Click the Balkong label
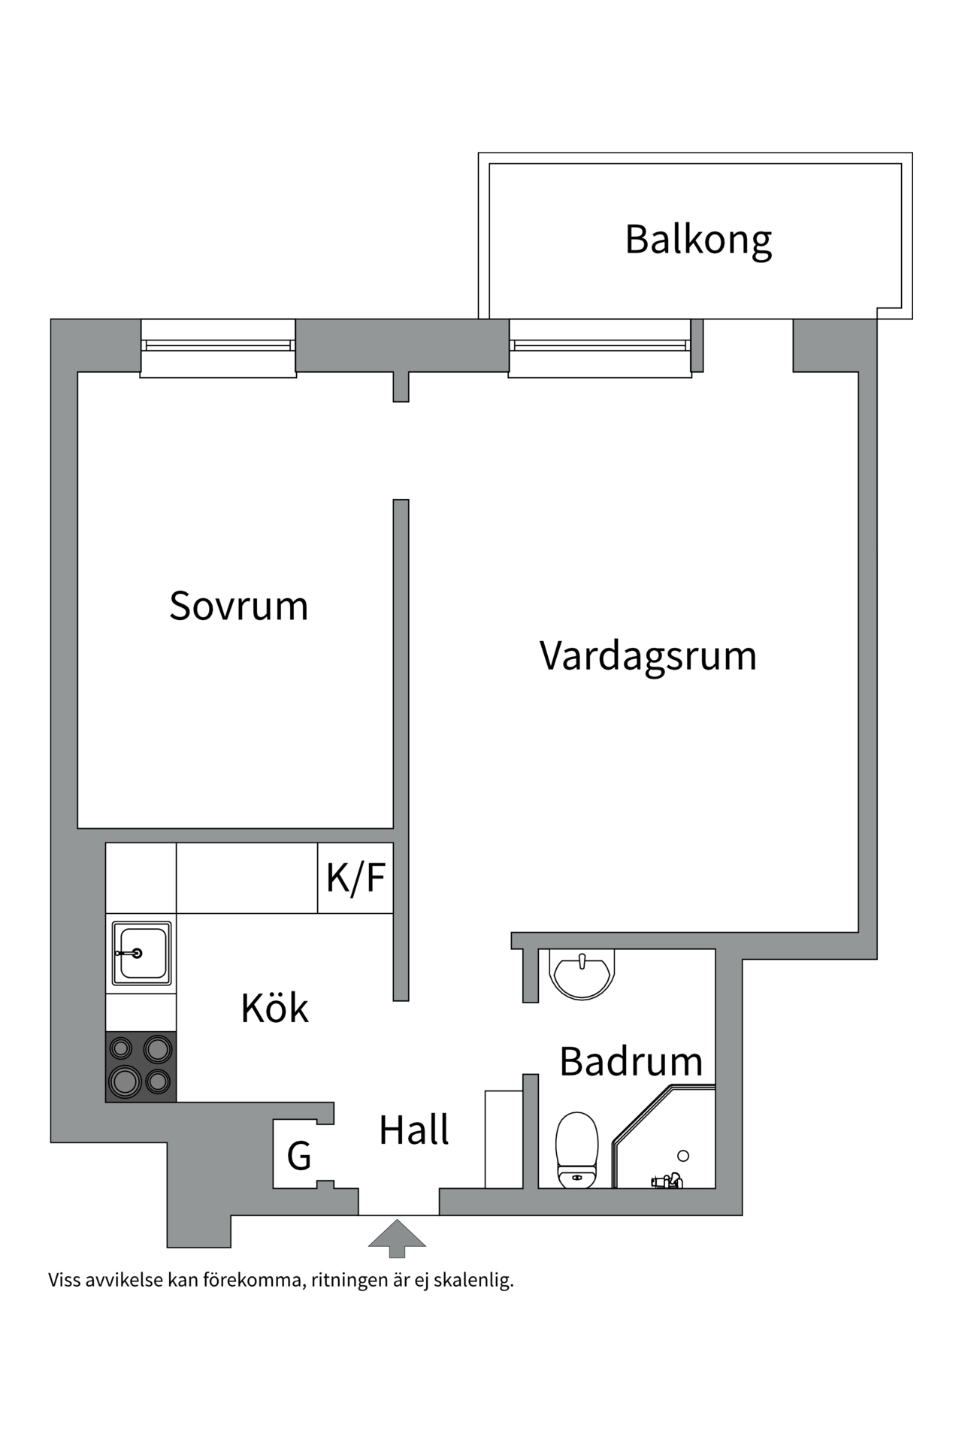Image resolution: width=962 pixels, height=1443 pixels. click(x=698, y=239)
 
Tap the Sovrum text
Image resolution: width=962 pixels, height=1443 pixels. click(x=238, y=606)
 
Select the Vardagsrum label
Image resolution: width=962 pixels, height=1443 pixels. click(x=648, y=655)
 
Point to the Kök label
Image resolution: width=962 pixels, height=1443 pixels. click(x=274, y=1009)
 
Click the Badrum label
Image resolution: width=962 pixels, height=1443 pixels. click(x=631, y=1061)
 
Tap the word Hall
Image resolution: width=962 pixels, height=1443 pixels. click(x=413, y=1130)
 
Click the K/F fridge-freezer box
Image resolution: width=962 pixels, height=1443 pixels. click(x=355, y=877)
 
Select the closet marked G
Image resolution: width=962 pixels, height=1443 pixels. click(x=299, y=1156)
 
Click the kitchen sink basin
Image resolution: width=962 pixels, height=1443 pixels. click(x=141, y=952)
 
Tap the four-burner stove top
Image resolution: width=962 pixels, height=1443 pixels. click(x=141, y=1066)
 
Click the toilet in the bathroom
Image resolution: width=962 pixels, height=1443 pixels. click(x=576, y=1151)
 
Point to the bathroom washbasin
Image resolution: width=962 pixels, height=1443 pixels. click(x=582, y=974)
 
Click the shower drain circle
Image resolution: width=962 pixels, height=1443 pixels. click(x=683, y=1156)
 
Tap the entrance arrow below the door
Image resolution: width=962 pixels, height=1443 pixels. click(x=397, y=1238)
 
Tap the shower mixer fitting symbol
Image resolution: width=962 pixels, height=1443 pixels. click(x=667, y=1181)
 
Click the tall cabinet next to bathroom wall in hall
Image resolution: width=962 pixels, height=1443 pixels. click(x=504, y=1139)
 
